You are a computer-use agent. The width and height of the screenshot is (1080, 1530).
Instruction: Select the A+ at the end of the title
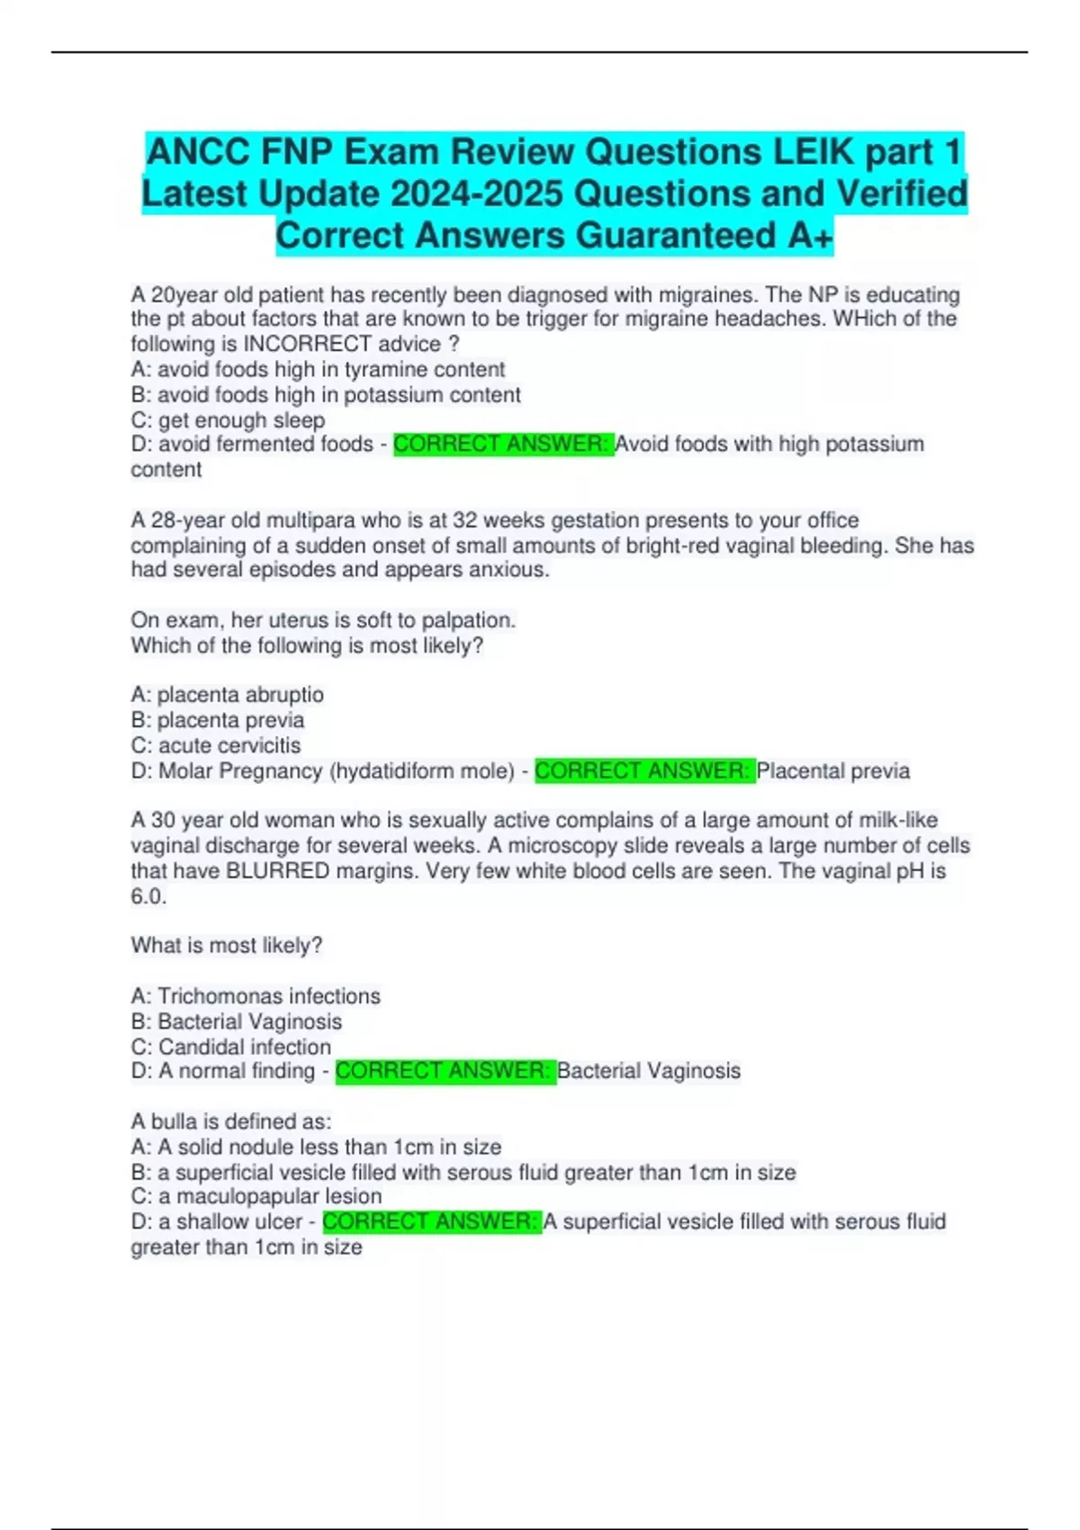[x=810, y=236]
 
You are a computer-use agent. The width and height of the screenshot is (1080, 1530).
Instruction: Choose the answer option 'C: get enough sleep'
[x=228, y=419]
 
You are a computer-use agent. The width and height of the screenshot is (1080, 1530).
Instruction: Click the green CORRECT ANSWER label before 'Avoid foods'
[x=503, y=444]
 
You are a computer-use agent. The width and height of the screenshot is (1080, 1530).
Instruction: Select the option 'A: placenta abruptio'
[x=227, y=695]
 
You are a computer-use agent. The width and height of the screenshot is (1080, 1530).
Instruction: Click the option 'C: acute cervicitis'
[x=216, y=745]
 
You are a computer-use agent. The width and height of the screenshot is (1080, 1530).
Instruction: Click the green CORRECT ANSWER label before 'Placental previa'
[x=644, y=771]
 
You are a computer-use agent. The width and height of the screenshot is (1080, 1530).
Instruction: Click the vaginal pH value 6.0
[x=148, y=896]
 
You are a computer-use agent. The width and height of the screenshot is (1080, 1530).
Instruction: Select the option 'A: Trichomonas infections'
[x=256, y=996]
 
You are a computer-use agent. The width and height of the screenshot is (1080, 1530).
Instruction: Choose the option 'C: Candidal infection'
[x=231, y=1047]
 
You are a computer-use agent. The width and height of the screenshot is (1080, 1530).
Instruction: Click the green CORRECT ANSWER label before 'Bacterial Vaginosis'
[x=445, y=1071]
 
